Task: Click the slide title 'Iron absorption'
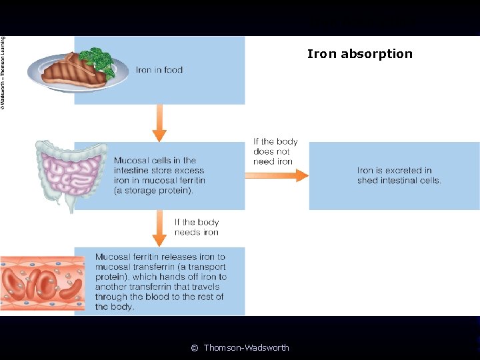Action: [359, 54]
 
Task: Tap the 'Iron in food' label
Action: [159, 69]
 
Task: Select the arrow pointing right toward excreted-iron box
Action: [276, 175]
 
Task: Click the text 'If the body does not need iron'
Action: [275, 151]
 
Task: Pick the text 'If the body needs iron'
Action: [197, 227]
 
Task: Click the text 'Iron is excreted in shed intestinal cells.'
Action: [399, 175]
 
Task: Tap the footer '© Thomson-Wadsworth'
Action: [240, 347]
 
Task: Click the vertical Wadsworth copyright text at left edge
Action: [3, 73]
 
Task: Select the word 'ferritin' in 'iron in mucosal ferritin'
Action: [191, 181]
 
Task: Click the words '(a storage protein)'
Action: [153, 191]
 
